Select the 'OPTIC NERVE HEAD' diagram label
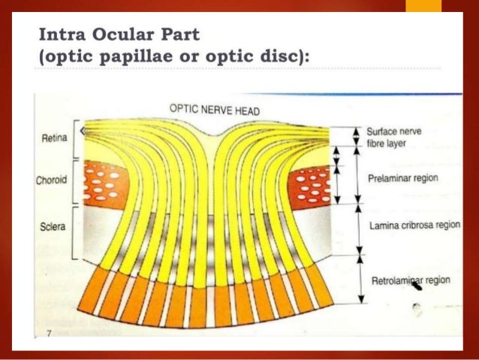(x=214, y=110)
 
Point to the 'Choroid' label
(x=53, y=180)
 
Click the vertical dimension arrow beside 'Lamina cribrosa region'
(x=359, y=229)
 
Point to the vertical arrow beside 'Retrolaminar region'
(x=359, y=279)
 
